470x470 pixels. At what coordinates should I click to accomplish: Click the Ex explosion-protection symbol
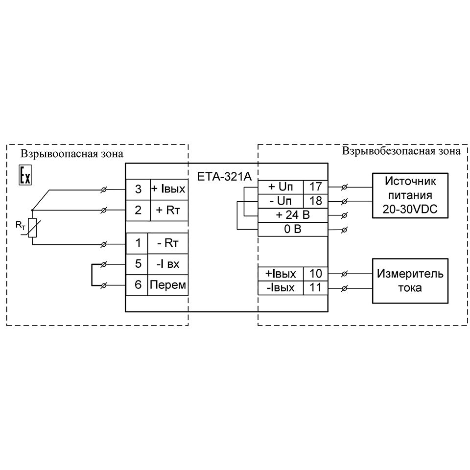click(x=25, y=175)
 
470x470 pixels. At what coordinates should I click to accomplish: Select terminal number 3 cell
click(x=138, y=189)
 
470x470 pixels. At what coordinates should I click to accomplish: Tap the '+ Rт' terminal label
click(x=168, y=211)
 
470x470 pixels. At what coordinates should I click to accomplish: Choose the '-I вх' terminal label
click(x=168, y=264)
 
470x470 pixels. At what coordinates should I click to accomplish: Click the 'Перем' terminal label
click(x=168, y=285)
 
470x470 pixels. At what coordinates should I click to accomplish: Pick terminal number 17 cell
click(x=315, y=187)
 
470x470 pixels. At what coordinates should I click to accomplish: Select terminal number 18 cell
click(x=315, y=201)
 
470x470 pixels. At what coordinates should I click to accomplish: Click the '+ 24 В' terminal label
click(x=293, y=215)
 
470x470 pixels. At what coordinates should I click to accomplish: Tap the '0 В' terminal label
click(x=293, y=229)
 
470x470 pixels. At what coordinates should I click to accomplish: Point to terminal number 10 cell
click(x=315, y=273)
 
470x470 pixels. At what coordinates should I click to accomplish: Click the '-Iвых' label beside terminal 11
click(x=281, y=287)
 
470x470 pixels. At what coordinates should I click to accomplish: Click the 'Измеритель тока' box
click(x=410, y=280)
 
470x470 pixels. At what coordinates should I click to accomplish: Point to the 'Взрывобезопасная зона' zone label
click(x=401, y=151)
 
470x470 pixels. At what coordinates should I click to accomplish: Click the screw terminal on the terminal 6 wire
click(x=104, y=285)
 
